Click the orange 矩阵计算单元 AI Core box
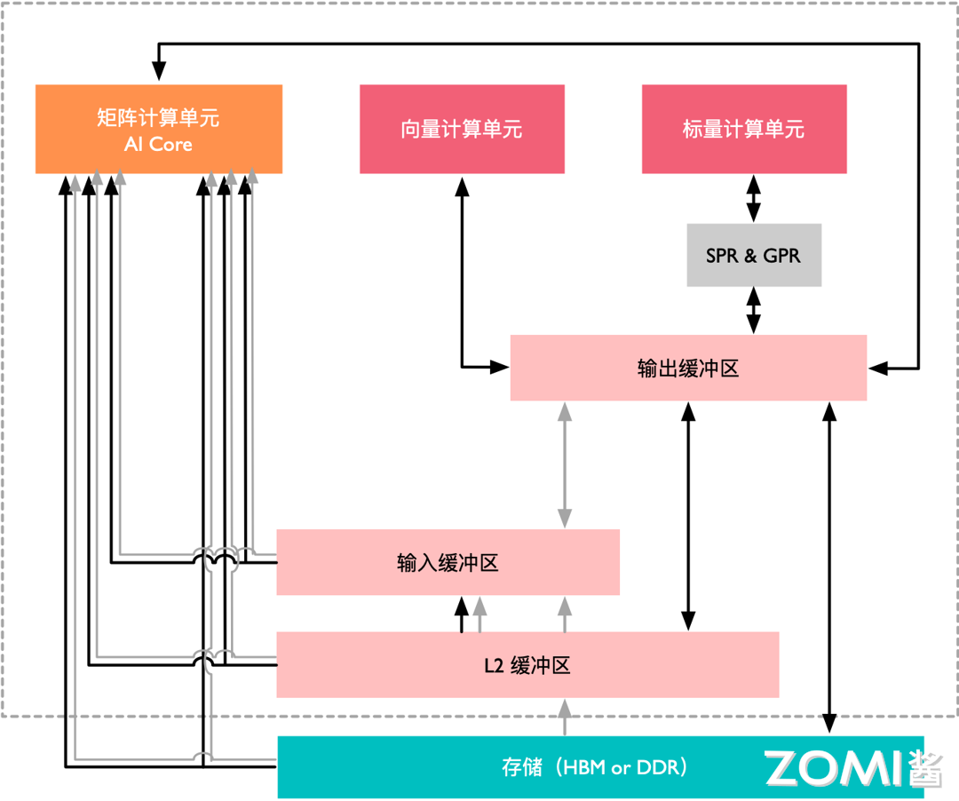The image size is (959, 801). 158,129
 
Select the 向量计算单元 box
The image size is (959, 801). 462,130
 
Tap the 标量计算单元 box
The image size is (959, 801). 743,130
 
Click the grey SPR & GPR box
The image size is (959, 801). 753,256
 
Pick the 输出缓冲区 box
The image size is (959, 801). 688,368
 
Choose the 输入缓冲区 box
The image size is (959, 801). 448,562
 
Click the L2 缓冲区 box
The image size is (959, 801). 527,665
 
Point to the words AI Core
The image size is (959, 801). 158,144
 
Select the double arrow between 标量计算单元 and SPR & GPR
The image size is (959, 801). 753,199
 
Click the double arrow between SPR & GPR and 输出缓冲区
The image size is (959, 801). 753,311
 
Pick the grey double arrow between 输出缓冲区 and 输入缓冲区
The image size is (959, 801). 564,464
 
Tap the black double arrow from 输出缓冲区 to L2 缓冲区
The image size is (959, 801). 688,515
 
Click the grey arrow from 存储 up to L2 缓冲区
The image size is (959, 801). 564,718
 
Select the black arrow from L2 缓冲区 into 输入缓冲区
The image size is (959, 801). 461,615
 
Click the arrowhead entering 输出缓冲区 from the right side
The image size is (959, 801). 877,366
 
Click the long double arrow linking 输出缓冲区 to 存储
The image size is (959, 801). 829,568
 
